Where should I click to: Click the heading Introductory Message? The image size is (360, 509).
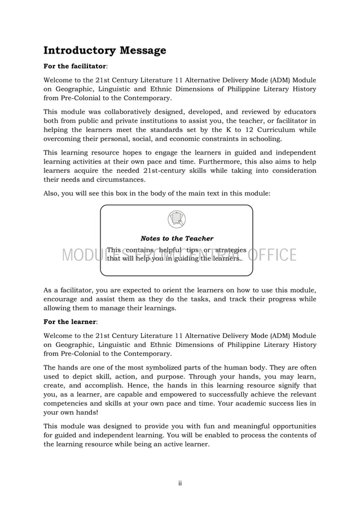point(105,50)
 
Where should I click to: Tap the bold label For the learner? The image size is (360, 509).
point(65,321)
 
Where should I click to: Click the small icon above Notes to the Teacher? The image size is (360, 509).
point(177,219)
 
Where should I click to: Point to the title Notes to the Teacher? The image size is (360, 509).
point(177,239)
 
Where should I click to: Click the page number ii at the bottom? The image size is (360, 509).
point(180,482)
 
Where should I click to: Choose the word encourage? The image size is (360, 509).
point(65,299)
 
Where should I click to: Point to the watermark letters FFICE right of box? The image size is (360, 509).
point(275,256)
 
